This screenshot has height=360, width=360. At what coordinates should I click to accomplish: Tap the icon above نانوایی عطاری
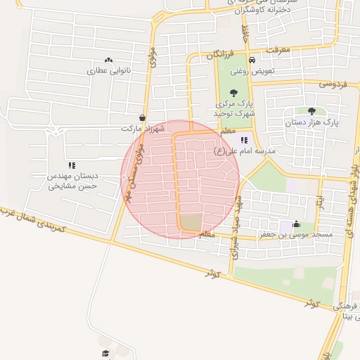pyautogui.click(x=108, y=60)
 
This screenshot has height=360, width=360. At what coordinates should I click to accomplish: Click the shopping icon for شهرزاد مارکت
pyautogui.click(x=143, y=118)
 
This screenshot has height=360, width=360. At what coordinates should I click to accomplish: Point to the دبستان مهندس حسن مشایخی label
pyautogui.click(x=72, y=181)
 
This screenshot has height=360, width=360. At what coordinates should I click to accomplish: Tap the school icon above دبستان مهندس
pyautogui.click(x=72, y=166)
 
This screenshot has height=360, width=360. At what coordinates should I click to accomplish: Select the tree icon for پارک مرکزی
pyautogui.click(x=233, y=91)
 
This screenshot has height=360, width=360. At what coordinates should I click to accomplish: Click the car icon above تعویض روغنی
pyautogui.click(x=252, y=60)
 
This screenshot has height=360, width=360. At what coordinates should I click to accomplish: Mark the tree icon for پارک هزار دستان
pyautogui.click(x=311, y=110)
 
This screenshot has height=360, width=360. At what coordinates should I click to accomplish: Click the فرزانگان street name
pyautogui.click(x=224, y=53)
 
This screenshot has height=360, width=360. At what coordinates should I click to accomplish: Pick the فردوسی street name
pyautogui.click(x=334, y=83)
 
